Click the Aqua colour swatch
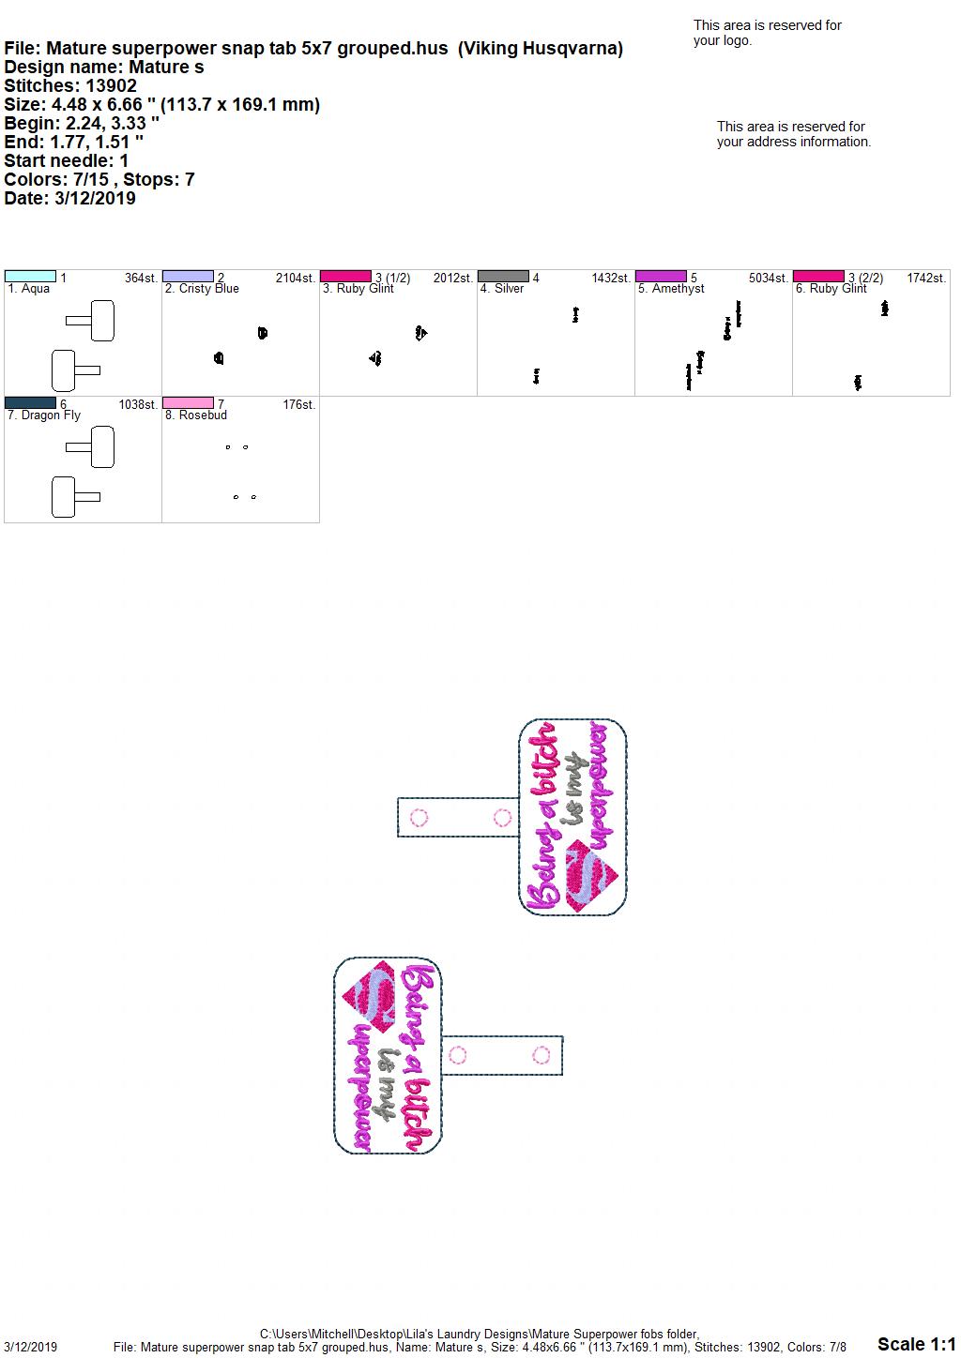coord(30,277)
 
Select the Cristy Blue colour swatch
coord(188,277)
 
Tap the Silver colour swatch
coord(504,277)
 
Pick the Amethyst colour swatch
coord(662,277)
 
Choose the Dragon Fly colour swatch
coord(30,402)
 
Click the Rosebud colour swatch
coord(188,402)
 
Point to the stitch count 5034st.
coord(768,278)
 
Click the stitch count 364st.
coord(142,278)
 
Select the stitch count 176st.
coord(299,404)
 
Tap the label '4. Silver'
coord(502,289)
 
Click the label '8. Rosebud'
coord(196,415)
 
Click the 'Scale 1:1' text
coord(916,1344)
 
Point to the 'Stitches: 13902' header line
coord(70,85)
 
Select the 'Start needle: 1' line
coord(66,160)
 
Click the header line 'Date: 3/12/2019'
coord(69,198)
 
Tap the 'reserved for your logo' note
coord(768,33)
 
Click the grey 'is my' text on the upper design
coord(572,789)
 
